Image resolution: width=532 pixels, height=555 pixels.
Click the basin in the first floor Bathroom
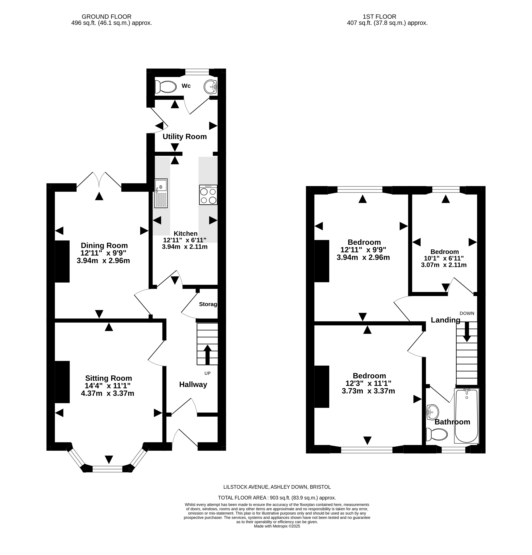tap(432, 412)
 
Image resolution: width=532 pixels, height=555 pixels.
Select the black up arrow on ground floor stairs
tap(207, 355)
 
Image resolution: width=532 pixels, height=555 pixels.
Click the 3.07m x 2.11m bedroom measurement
tap(444, 265)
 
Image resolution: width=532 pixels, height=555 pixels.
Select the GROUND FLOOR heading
tap(106, 17)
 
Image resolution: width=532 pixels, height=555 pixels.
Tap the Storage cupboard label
tap(208, 304)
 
